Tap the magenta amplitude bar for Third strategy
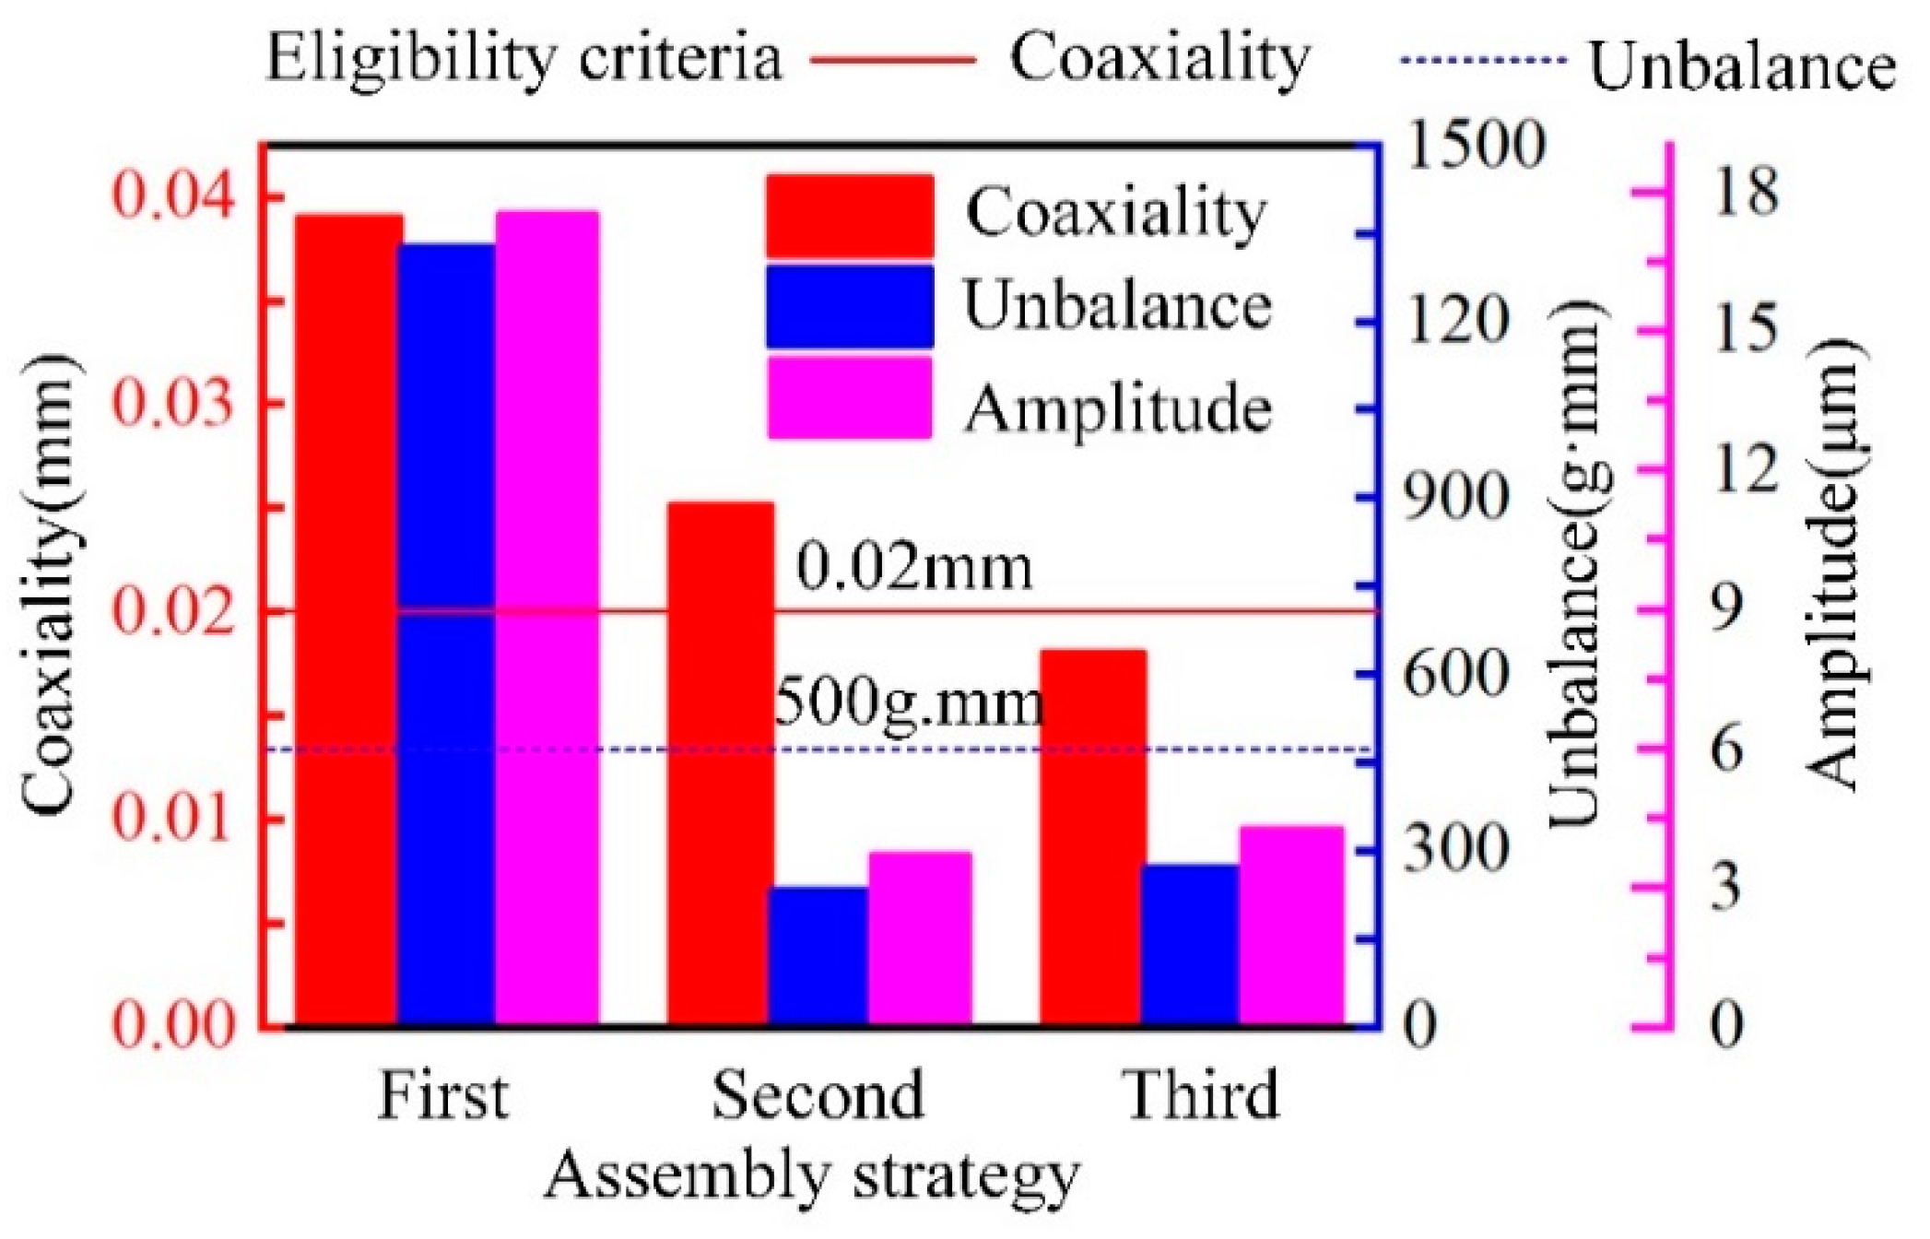point(1290,926)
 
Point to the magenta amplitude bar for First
point(547,618)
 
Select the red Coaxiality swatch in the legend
point(849,217)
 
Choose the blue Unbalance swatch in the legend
point(849,307)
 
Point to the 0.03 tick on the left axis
point(171,404)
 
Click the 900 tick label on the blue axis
point(1455,499)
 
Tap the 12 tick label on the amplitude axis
point(1745,469)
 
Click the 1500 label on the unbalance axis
point(1472,145)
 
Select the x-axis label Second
point(818,1095)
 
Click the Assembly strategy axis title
point(811,1177)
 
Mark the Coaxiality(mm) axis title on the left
point(46,585)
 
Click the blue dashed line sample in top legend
point(1482,62)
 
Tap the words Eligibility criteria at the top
point(524,58)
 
